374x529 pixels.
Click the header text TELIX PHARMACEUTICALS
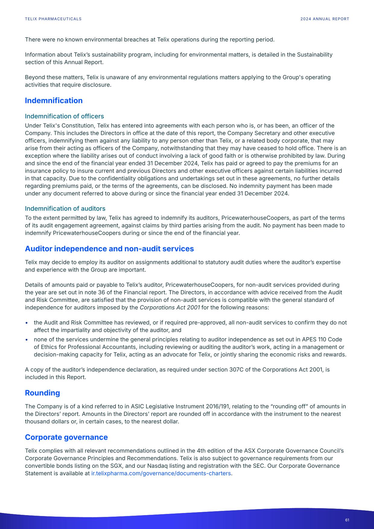(x=53, y=19)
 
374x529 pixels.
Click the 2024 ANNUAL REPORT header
(x=325, y=19)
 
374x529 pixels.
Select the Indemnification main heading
(x=54, y=100)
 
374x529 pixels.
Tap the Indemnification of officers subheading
(x=64, y=116)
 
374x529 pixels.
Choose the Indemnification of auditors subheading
(x=65, y=209)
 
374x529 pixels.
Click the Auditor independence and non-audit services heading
(x=109, y=249)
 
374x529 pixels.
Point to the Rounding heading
(x=42, y=393)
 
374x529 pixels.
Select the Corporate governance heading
(x=66, y=437)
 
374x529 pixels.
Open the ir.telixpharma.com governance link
(x=161, y=473)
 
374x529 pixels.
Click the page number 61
(x=347, y=520)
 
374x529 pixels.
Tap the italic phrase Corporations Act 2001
(x=170, y=308)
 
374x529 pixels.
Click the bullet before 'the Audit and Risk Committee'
(x=27, y=323)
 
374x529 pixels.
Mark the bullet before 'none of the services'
(x=27, y=339)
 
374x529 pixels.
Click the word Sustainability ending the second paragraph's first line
(x=315, y=55)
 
